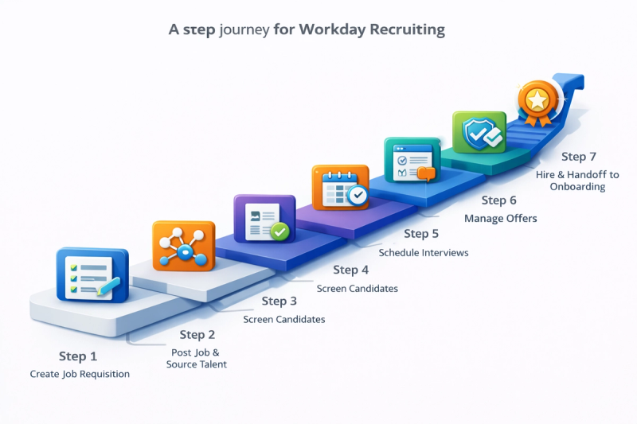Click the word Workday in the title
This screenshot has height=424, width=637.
[332, 30]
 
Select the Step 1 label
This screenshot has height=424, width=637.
[78, 356]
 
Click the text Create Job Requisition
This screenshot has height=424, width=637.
[80, 374]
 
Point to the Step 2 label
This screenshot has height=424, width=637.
[197, 335]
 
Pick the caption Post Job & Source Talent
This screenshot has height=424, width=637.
[196, 358]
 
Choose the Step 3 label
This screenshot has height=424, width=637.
[279, 301]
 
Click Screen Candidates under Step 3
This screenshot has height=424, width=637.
[284, 319]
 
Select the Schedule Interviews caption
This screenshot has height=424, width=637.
[424, 253]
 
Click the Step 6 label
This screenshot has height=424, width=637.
[499, 200]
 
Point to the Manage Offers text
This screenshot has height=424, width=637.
[501, 218]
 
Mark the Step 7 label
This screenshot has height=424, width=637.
[579, 157]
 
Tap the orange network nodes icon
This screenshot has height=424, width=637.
[183, 246]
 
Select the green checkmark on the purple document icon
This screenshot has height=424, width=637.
[279, 231]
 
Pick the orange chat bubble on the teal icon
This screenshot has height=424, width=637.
[427, 173]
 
